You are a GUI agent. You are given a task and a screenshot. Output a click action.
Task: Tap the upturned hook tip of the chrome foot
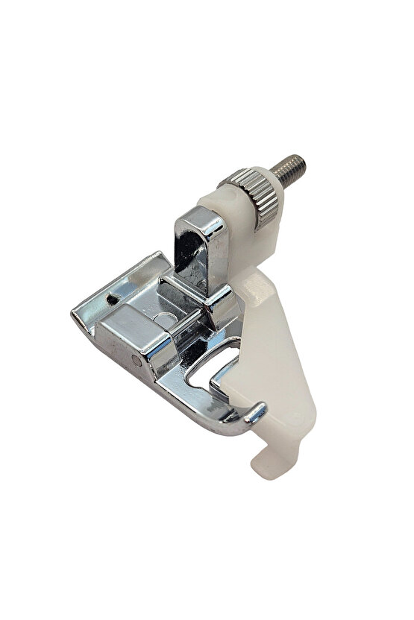point(263,408)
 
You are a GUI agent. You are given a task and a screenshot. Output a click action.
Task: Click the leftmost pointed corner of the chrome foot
point(75,317)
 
